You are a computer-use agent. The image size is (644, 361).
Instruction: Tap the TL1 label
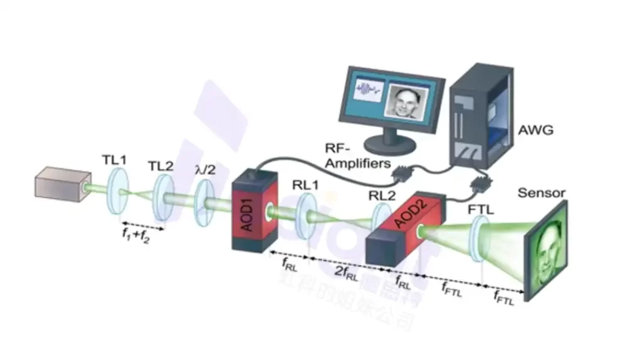pos(114,160)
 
